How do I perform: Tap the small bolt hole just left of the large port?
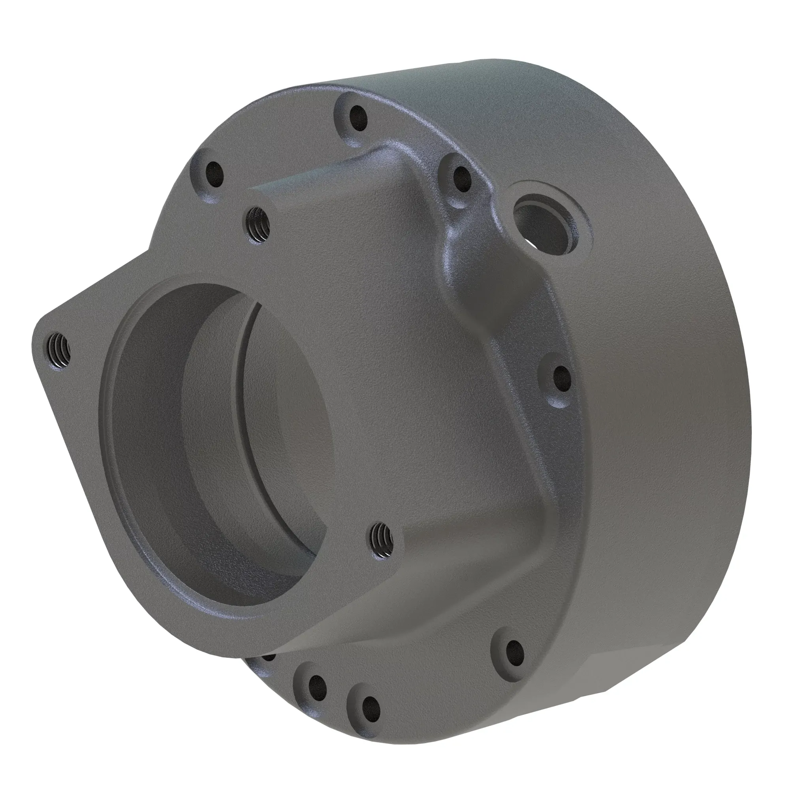click(x=461, y=179)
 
